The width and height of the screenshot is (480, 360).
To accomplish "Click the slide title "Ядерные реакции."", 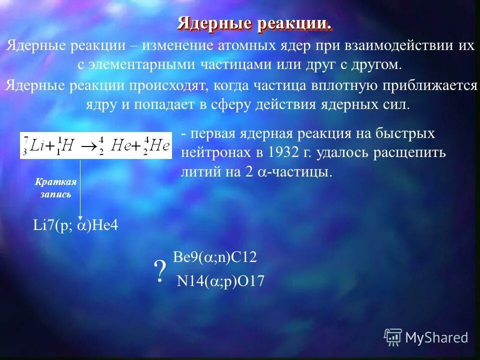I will click(x=254, y=23).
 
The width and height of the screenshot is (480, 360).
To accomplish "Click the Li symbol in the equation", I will click(x=37, y=145).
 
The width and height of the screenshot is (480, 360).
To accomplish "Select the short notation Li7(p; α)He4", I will click(x=75, y=225).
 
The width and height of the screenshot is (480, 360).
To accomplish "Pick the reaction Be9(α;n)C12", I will click(x=214, y=258).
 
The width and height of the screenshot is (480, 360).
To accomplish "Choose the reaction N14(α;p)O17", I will click(x=220, y=282).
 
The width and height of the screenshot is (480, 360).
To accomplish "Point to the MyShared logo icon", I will click(x=393, y=337).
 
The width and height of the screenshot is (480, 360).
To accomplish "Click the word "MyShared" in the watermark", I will click(x=436, y=338).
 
